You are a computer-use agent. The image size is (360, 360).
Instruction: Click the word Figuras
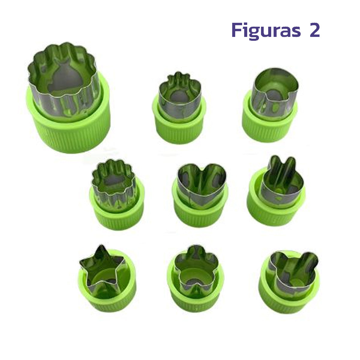(x=266, y=31)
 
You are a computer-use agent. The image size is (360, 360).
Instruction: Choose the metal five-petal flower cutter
(x=195, y=267)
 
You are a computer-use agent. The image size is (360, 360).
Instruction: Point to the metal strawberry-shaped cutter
(x=179, y=93)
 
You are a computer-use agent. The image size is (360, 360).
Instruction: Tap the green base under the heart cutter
(x=200, y=217)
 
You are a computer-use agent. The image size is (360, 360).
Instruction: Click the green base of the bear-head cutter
(x=289, y=303)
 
